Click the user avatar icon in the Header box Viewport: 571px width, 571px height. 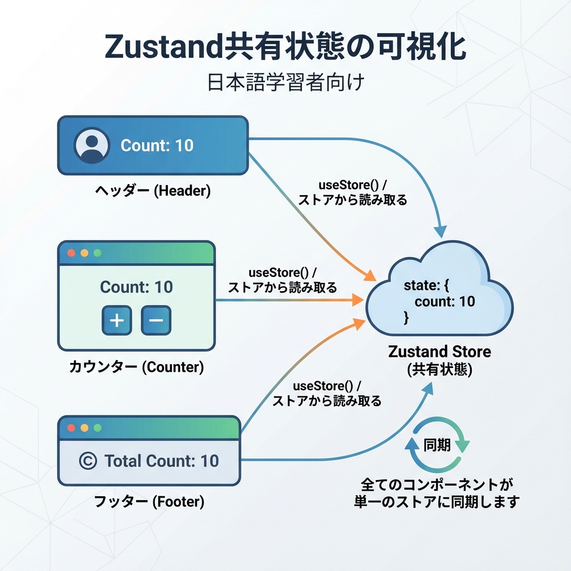(90, 146)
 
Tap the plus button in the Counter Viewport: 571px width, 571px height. (117, 320)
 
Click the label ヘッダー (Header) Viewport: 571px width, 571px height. (152, 191)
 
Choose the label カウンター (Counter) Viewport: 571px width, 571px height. (137, 367)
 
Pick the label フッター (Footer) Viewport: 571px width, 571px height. (149, 502)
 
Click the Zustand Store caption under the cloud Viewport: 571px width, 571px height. (439, 352)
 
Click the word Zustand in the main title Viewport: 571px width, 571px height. (163, 48)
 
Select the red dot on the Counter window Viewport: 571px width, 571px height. (71, 253)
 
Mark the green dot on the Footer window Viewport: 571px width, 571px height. (98, 428)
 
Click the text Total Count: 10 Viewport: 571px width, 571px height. (162, 461)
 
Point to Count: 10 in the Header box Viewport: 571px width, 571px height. (157, 146)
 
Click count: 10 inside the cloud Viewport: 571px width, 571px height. (444, 302)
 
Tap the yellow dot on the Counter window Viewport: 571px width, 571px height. (84, 253)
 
